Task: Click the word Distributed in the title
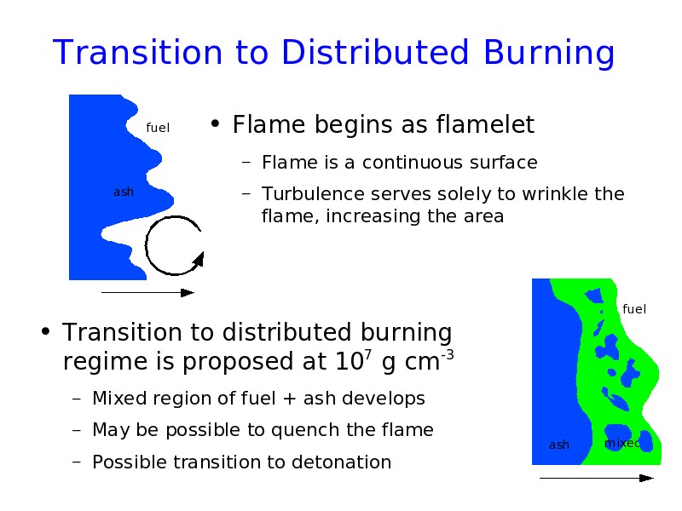pyautogui.click(x=375, y=52)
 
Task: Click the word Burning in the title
pyautogui.click(x=549, y=54)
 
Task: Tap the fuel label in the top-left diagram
pyautogui.click(x=158, y=128)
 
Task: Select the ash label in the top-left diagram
pyautogui.click(x=124, y=192)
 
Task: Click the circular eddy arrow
pyautogui.click(x=145, y=245)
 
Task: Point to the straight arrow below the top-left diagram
pyautogui.click(x=147, y=293)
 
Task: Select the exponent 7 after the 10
pyautogui.click(x=368, y=355)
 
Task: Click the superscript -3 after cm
pyautogui.click(x=448, y=355)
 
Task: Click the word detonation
pyautogui.click(x=342, y=462)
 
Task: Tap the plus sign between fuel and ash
pyautogui.click(x=289, y=399)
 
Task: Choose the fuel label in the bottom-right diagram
pyautogui.click(x=634, y=309)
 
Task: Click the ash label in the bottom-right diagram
pyautogui.click(x=559, y=445)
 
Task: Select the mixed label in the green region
pyautogui.click(x=622, y=443)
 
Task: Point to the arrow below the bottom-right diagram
pyautogui.click(x=597, y=478)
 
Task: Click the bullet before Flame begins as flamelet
pyautogui.click(x=215, y=124)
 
